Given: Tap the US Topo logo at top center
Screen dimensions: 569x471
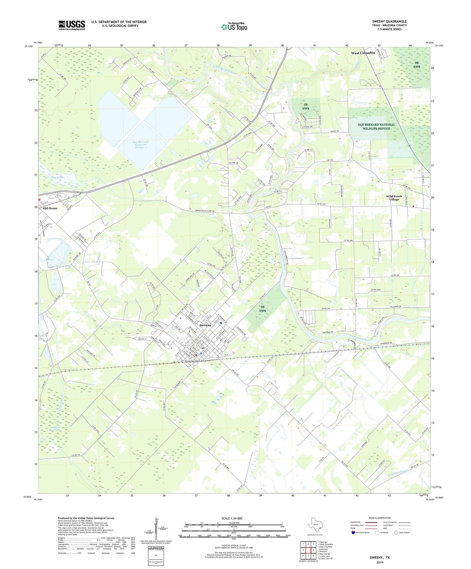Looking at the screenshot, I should pos(234,26).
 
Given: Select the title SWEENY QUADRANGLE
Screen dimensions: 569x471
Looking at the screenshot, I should pos(389,22).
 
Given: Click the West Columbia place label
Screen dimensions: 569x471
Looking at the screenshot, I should pos(363,53).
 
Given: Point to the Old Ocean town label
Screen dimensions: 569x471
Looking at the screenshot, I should pos(50,208).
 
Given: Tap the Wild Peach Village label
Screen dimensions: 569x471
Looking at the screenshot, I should pos(394,198).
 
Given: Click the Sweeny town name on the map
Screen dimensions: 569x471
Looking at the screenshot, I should pos(205,325).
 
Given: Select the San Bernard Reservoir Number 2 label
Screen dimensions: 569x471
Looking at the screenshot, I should pos(140,145).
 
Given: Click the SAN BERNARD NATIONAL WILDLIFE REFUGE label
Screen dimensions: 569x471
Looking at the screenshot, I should pos(376,126).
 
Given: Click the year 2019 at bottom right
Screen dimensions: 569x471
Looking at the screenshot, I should pos(379,562).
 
